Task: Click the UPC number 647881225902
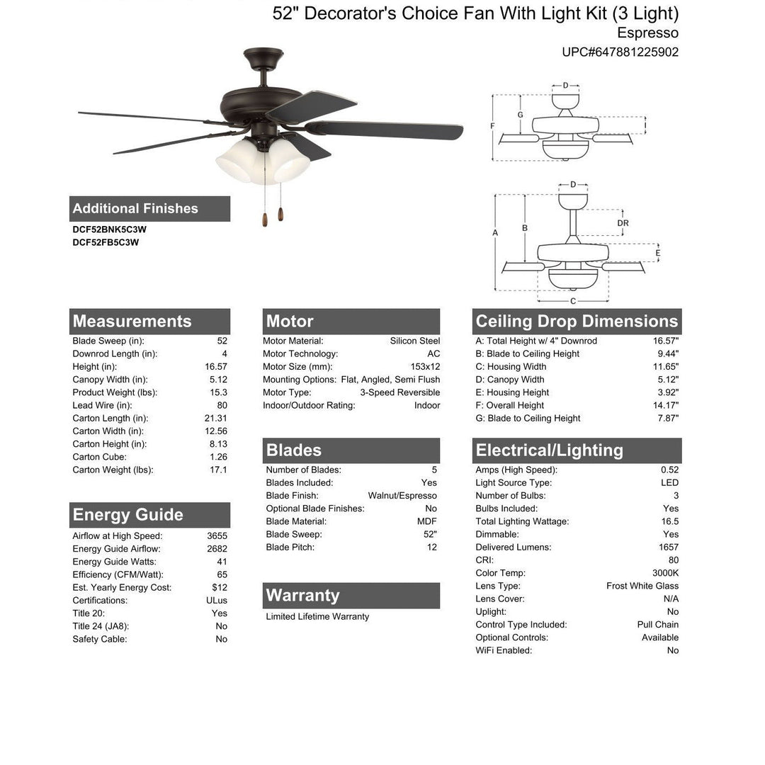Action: [x=620, y=52]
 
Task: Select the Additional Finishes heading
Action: [x=135, y=208]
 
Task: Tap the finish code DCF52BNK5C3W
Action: [x=109, y=229]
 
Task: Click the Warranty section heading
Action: [x=302, y=596]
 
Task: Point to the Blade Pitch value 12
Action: [x=431, y=548]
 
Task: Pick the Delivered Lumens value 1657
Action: [x=668, y=548]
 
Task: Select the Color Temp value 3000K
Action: [x=665, y=573]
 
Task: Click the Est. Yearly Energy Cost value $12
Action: [x=219, y=587]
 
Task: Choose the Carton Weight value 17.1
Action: [x=218, y=470]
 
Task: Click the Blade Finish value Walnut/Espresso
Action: [x=402, y=496]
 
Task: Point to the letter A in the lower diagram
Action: [x=495, y=233]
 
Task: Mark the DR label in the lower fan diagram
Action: [x=623, y=222]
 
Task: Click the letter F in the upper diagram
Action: [x=492, y=126]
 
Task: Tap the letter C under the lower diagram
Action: [x=573, y=301]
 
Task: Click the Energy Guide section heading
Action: [x=127, y=515]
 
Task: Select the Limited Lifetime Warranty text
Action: [x=317, y=617]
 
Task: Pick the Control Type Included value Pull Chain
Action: [x=657, y=625]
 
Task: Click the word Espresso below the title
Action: [x=647, y=33]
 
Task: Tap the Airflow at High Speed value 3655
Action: [x=217, y=536]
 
